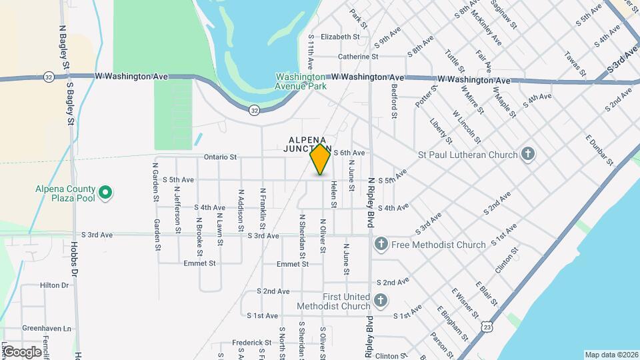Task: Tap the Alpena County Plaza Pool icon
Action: pos(105,193)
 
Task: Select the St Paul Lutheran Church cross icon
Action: pos(528,155)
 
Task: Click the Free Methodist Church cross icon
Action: pos(381,245)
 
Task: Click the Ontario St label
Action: pos(220,157)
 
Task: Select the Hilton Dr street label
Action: pos(55,285)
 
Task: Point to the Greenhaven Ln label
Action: pos(47,329)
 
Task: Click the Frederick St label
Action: pos(251,343)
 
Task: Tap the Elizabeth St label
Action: pos(340,37)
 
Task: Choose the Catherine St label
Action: pos(358,57)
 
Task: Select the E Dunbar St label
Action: pos(599,150)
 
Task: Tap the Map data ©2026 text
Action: pos(611,355)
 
